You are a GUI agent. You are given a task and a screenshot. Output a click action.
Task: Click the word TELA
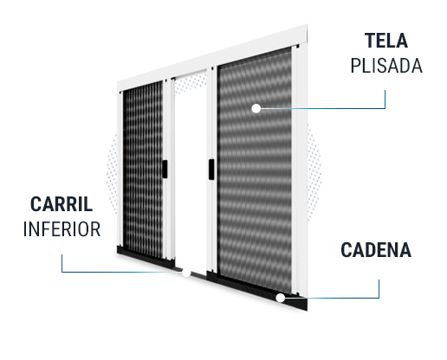(385, 41)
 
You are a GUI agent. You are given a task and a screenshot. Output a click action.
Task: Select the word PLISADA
(386, 66)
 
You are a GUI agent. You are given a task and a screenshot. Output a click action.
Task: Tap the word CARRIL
(62, 204)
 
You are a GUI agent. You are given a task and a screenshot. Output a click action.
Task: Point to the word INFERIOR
(62, 229)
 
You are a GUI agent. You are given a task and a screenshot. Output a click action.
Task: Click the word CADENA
(376, 250)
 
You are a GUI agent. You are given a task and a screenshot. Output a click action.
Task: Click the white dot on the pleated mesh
(256, 108)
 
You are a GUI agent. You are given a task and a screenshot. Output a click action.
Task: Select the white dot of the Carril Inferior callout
(186, 272)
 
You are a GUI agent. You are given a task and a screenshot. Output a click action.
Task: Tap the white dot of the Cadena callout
(280, 298)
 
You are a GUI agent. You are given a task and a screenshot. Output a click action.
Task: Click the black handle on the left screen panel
(165, 169)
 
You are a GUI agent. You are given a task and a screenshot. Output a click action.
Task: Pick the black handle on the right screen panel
(211, 170)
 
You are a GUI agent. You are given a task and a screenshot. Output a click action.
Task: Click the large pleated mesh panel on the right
(255, 170)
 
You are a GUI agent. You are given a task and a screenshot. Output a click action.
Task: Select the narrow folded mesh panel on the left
(143, 170)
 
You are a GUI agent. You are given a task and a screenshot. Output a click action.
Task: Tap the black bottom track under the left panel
(146, 257)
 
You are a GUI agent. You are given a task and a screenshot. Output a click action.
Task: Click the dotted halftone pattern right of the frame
(314, 172)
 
